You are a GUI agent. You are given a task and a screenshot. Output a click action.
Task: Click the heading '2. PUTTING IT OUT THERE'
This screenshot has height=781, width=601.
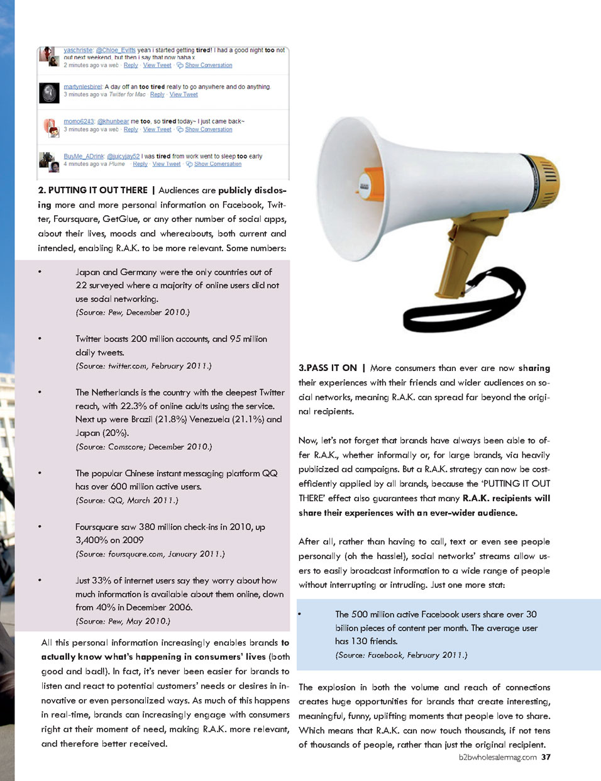[92, 191]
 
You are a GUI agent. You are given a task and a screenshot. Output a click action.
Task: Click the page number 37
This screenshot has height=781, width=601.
[546, 757]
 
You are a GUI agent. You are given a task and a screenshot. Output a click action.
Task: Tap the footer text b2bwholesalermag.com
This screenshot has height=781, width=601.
[497, 757]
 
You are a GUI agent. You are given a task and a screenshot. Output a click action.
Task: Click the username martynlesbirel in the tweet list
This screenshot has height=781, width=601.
[82, 87]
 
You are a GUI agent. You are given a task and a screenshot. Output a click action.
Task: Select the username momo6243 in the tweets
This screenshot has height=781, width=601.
[79, 121]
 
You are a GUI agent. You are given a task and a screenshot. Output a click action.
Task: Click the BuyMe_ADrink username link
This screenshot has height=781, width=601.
[84, 156]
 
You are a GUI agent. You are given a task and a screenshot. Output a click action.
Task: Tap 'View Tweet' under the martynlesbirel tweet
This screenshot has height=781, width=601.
[184, 94]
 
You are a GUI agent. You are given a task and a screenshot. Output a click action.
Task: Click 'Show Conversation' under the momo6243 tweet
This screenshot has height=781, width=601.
[208, 130]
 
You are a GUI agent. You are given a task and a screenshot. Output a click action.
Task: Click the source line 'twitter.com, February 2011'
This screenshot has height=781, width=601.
[143, 366]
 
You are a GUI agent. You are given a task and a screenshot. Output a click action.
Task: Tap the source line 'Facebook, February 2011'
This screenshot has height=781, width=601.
[401, 655]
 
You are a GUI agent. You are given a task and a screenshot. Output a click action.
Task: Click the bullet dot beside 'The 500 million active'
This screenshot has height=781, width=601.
[300, 614]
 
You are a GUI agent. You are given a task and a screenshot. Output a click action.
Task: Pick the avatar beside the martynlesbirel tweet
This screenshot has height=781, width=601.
[49, 92]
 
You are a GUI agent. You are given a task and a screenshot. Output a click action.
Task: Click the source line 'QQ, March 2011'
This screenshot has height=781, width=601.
[127, 501]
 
